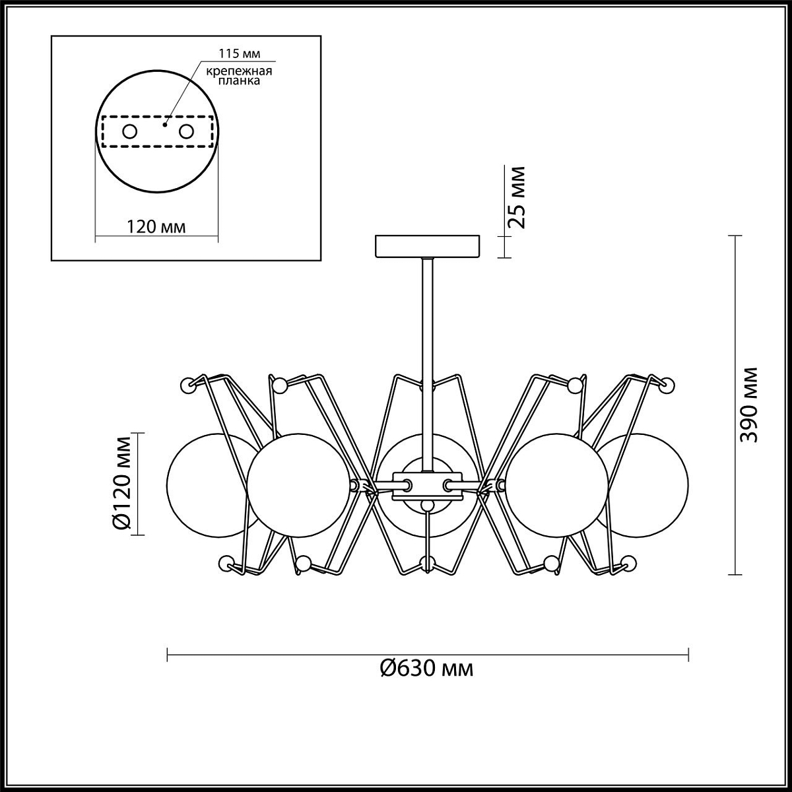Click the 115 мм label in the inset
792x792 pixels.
tap(239, 54)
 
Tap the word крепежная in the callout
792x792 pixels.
tap(239, 71)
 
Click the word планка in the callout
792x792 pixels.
tap(239, 81)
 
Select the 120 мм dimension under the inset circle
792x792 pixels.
tap(156, 226)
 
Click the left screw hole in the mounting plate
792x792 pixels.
tap(130, 132)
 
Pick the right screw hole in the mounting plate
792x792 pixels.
tap(186, 132)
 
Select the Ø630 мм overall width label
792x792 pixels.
tap(426, 668)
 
